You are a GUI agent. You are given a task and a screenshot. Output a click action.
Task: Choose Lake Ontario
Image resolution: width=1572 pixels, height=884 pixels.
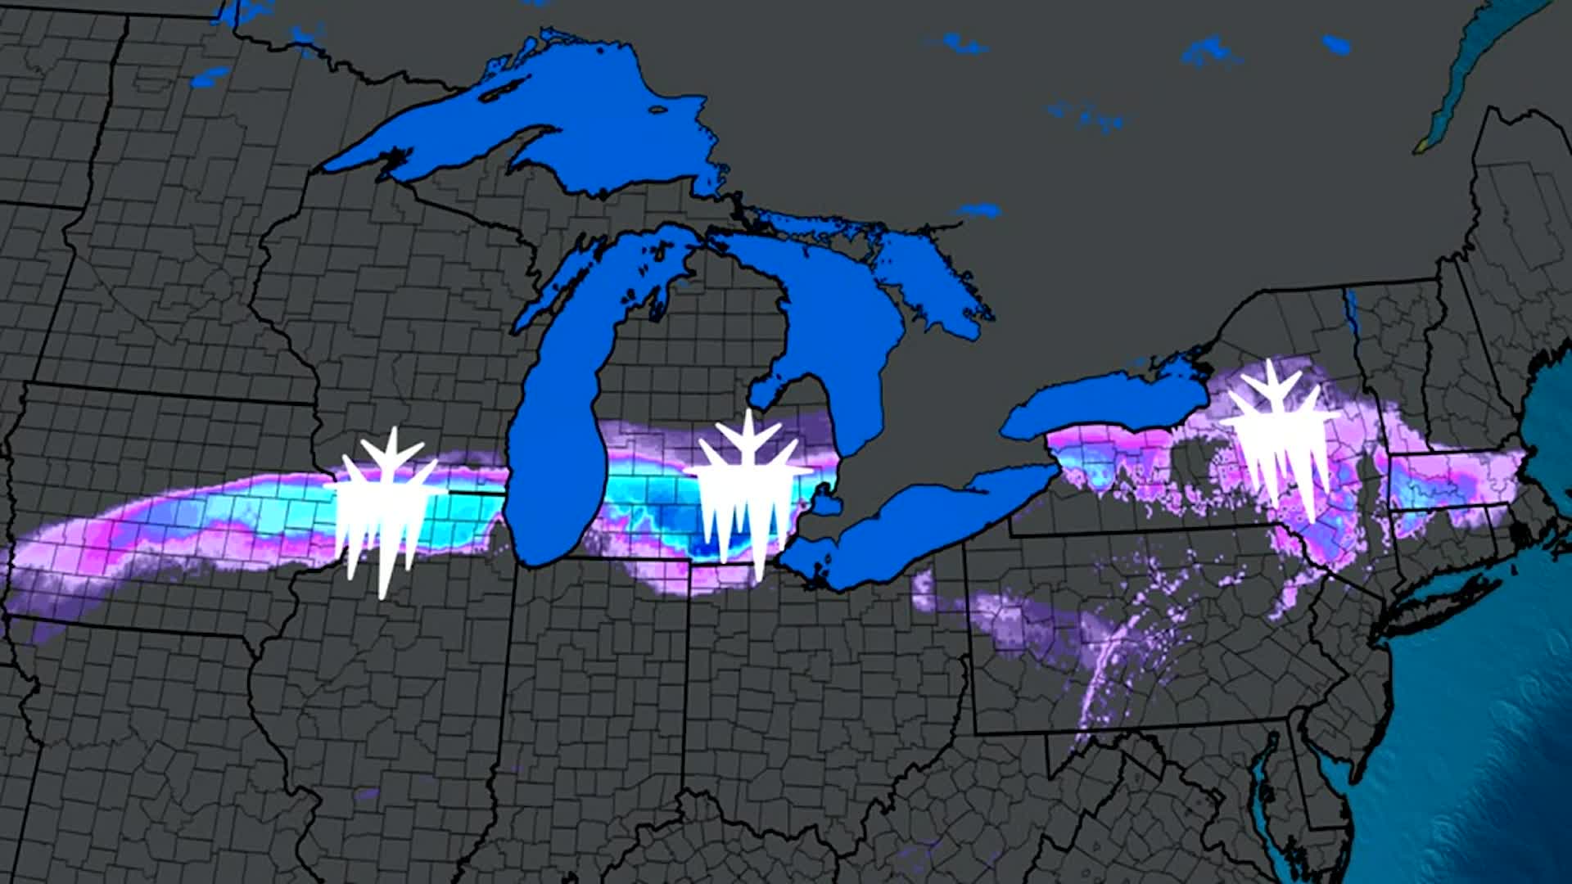pos(1105,401)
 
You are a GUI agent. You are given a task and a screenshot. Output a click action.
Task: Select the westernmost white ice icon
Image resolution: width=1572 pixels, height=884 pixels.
pos(383,507)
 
